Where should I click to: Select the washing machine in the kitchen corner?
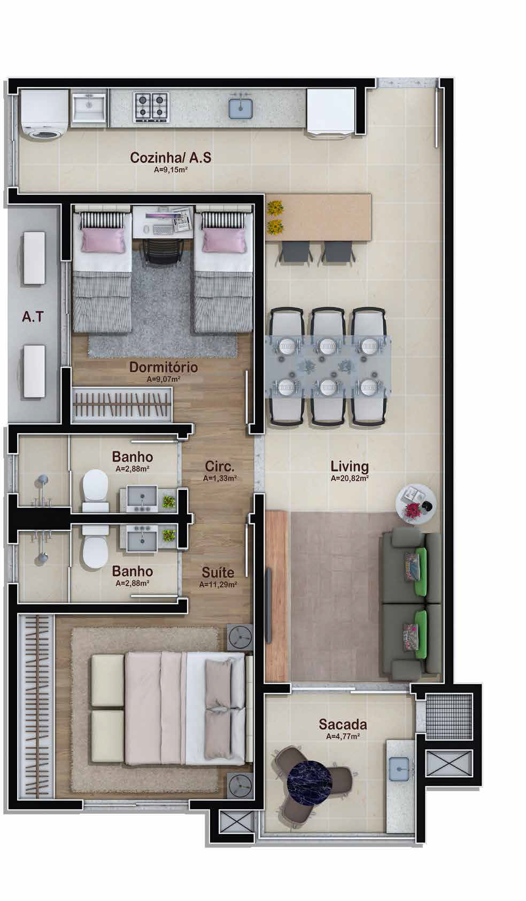tap(44, 114)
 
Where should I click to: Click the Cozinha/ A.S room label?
tap(171, 158)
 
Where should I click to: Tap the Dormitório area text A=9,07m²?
tap(164, 379)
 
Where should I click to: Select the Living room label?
tap(349, 467)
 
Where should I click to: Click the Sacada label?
tap(343, 724)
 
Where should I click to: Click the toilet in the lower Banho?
tap(95, 545)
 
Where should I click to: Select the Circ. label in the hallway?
tap(219, 467)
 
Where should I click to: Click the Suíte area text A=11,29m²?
tap(218, 585)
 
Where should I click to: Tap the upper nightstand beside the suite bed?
tap(240, 637)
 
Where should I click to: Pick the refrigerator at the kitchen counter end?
tap(331, 114)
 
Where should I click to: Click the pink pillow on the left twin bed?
tap(103, 240)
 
